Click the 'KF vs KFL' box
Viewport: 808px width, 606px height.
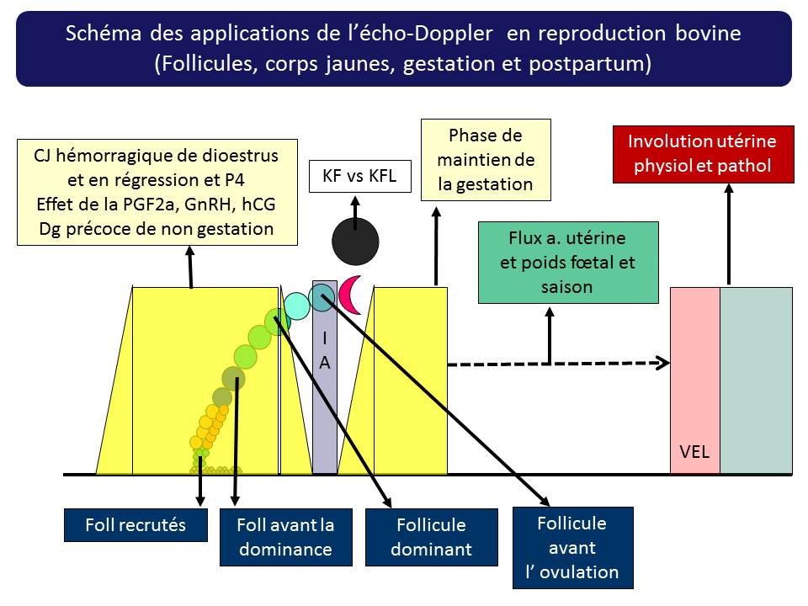coord(354,177)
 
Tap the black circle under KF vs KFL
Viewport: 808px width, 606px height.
coord(355,241)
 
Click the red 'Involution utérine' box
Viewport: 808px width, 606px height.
coord(704,153)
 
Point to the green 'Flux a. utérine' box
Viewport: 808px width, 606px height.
coord(556,262)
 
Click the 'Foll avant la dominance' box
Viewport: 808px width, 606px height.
coord(284,537)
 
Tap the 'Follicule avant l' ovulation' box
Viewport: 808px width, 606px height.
coord(572,548)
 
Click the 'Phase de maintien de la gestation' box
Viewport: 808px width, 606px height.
coord(486,160)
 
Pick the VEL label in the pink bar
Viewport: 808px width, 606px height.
coord(694,452)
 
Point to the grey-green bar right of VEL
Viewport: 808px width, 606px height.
coord(756,380)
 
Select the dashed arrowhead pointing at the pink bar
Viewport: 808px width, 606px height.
coord(664,364)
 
